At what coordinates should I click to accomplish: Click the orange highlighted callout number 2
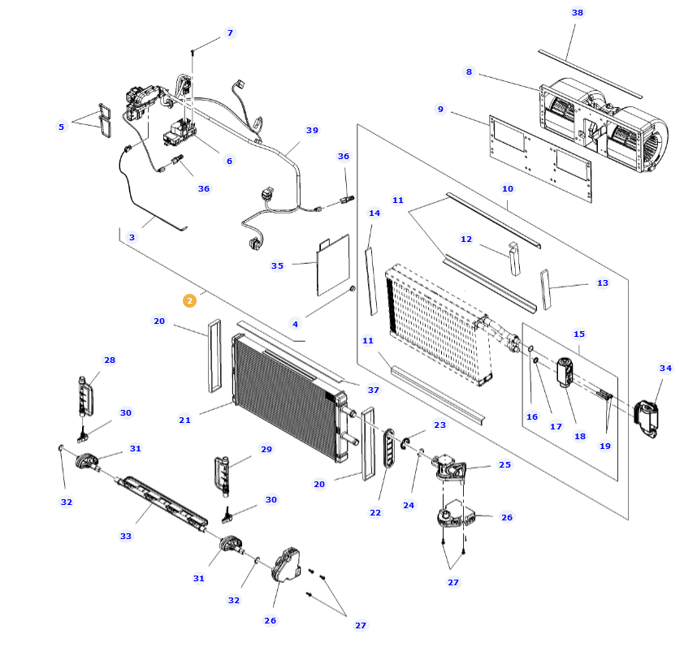coord(189,300)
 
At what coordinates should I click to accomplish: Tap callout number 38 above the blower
coord(578,13)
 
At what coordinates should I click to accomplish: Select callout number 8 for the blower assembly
coord(469,72)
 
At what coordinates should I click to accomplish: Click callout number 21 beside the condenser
coord(184,420)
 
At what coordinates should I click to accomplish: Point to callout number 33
coord(126,536)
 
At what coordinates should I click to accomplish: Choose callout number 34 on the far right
coord(666,369)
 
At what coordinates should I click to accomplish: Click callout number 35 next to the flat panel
coord(277,265)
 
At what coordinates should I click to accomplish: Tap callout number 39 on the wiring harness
coord(312,130)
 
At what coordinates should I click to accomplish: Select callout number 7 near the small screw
coord(230,32)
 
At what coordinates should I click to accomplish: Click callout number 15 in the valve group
coord(579,334)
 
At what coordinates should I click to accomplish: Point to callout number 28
coord(110,360)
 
